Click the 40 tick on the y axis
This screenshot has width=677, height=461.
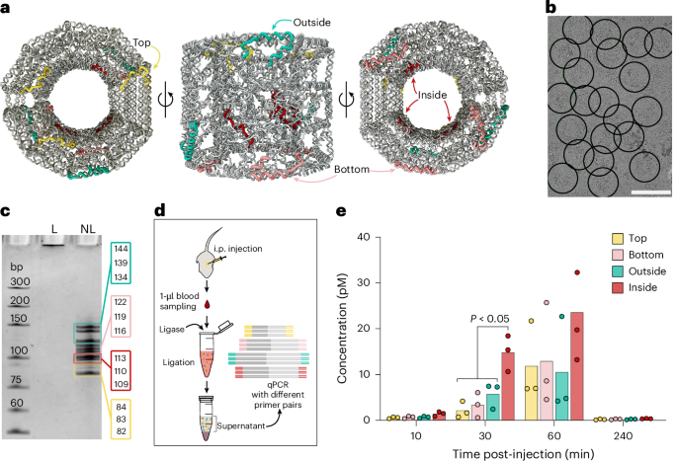click(x=366, y=237)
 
